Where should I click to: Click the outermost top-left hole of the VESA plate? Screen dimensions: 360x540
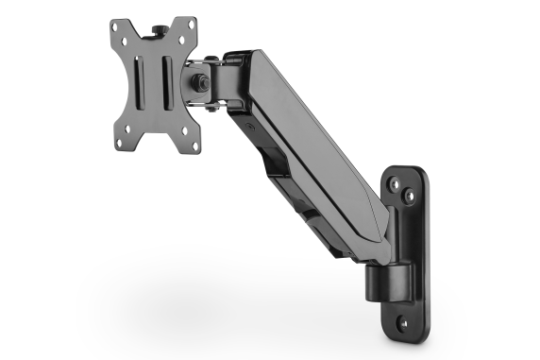pyautogui.click(x=119, y=29)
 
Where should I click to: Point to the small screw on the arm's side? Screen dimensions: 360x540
pyautogui.click(x=250, y=124)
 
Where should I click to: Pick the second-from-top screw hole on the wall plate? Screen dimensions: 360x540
pyautogui.click(x=408, y=197)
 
